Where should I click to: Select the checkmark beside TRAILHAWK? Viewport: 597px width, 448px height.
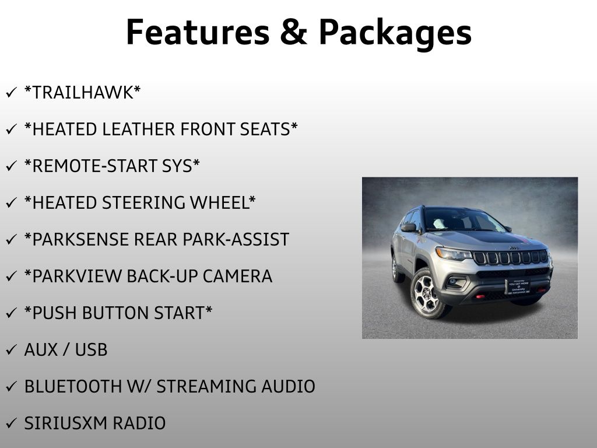point(10,93)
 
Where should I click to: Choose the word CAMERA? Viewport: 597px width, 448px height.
point(237,276)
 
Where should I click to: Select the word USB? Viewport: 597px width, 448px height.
point(91,350)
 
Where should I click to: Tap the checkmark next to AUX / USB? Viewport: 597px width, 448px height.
point(10,351)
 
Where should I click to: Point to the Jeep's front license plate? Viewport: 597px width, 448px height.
point(517,286)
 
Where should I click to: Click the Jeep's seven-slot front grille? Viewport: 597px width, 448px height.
point(510,257)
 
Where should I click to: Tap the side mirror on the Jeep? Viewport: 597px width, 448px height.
point(409,228)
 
